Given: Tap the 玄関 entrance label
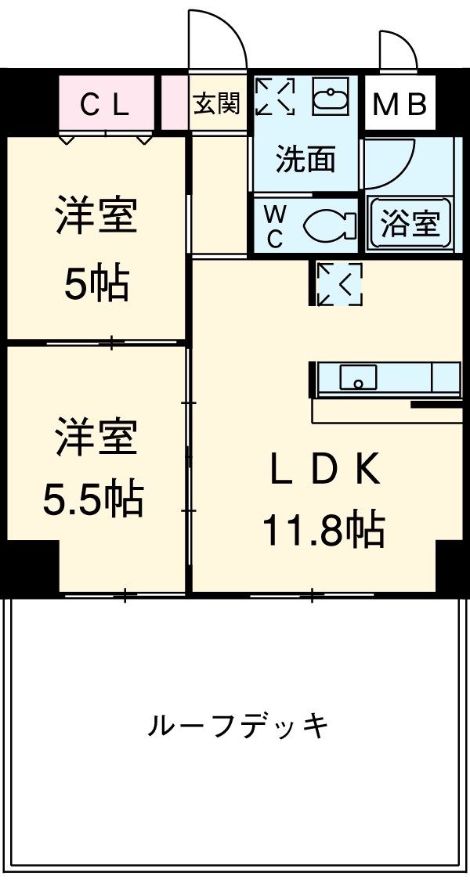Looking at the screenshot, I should [217, 104].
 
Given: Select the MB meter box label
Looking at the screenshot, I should [399, 104].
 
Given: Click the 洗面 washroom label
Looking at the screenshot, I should [305, 160].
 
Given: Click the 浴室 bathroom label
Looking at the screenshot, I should [410, 225].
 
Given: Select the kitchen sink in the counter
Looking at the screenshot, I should [358, 378].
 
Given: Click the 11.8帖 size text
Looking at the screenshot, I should [323, 532].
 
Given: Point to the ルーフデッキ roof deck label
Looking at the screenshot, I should [238, 727].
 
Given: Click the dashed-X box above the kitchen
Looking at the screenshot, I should [340, 283].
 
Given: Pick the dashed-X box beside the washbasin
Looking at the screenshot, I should [275, 96].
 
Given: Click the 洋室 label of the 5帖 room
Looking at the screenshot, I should [96, 217].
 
